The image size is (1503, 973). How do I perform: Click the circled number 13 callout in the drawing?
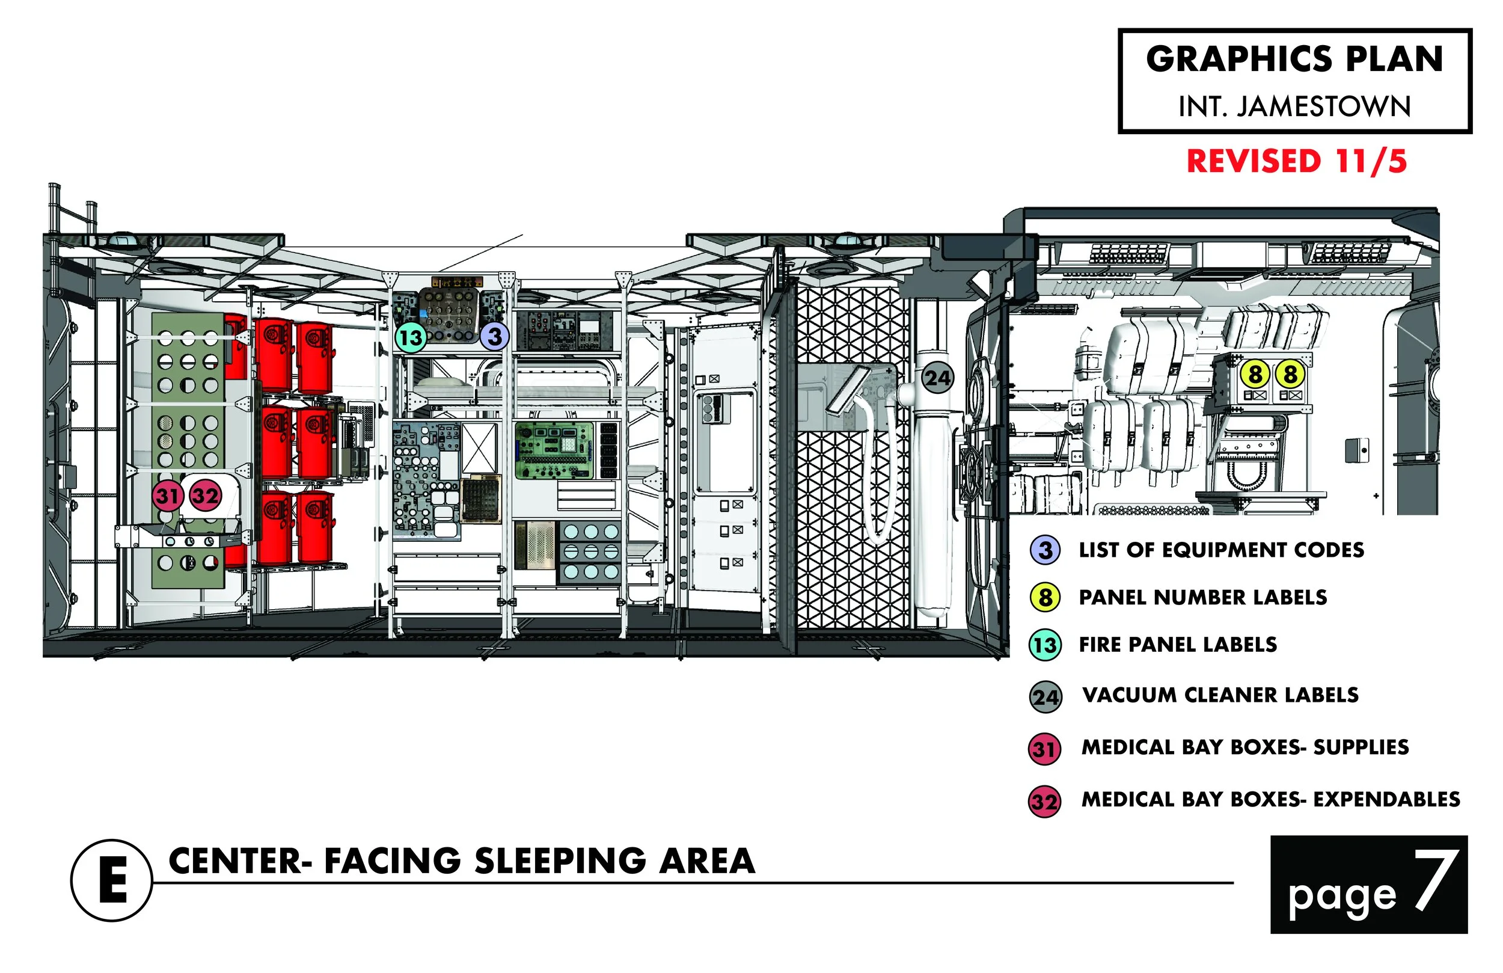411,337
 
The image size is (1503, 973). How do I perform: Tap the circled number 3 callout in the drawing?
494,337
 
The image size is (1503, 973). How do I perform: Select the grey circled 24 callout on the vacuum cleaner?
937,378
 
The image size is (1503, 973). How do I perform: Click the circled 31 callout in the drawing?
167,496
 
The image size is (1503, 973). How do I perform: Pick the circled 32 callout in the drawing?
205,496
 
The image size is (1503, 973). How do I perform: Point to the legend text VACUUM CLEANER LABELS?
1220,695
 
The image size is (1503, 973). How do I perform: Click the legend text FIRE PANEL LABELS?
1178,645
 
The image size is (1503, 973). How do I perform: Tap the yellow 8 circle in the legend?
1045,597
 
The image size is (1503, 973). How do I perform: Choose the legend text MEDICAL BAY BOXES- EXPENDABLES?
1270,799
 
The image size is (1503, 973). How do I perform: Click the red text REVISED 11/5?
1297,161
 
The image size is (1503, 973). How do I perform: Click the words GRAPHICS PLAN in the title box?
1294,60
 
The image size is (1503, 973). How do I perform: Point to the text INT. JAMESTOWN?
1294,106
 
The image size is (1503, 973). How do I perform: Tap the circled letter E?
112,880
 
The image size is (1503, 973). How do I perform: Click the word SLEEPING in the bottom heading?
561,861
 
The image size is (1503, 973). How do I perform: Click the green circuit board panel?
554,450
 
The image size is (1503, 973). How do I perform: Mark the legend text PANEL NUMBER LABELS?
1202,597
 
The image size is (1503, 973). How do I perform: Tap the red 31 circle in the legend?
1044,749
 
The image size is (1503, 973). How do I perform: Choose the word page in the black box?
1342,896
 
